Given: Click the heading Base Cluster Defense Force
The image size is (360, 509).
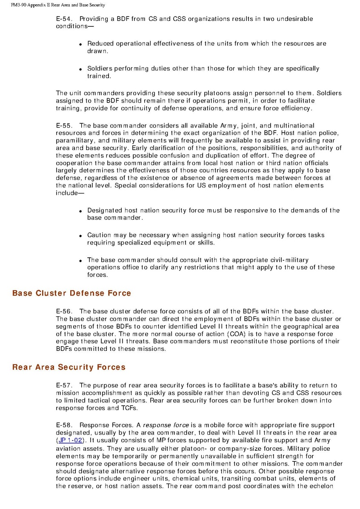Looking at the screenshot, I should tap(71, 293).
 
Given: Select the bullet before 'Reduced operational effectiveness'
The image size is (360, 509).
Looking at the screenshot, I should tap(81, 44).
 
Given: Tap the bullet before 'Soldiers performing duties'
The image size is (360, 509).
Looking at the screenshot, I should tap(81, 69).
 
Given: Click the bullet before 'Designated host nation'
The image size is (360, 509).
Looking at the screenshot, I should tap(81, 211).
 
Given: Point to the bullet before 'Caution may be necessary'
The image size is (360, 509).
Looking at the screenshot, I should tap(81, 236).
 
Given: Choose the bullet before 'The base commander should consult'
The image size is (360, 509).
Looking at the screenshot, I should tap(81, 260).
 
